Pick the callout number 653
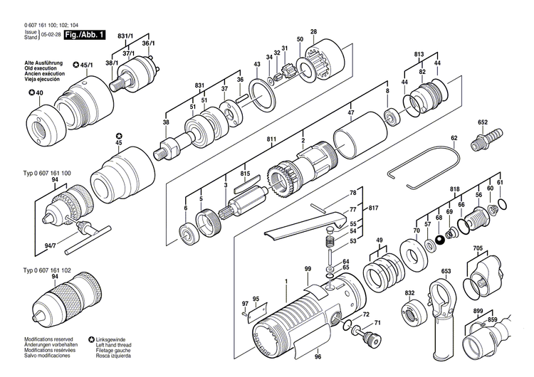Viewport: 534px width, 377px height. [446, 271]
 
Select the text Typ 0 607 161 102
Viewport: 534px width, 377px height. [47, 271]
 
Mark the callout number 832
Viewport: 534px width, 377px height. [409, 293]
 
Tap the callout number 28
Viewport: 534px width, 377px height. [313, 31]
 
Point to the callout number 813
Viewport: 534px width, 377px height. [419, 53]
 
